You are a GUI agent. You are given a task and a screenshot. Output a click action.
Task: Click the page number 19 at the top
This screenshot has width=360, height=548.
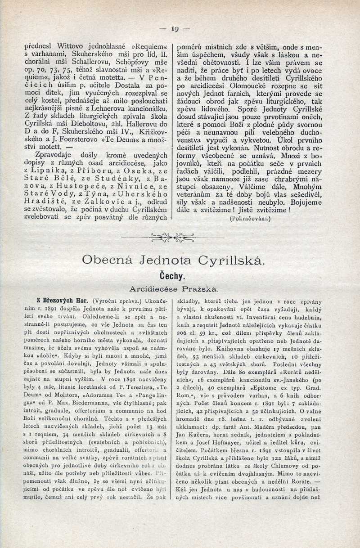[175, 29]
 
